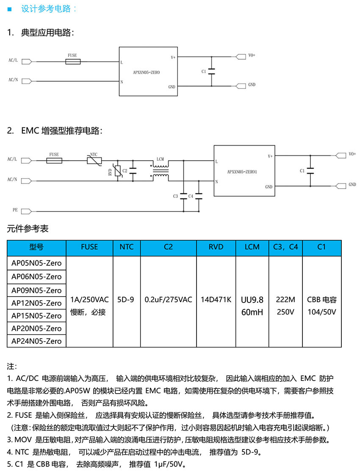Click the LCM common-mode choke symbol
pos(160,171)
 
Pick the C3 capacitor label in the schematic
pos(176,196)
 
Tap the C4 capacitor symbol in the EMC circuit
pos(198,196)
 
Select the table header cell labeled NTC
pos(127,247)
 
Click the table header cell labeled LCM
pos(252,247)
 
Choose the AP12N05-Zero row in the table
pos(36,303)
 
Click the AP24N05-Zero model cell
pos(36,341)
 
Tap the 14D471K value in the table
pos(216,300)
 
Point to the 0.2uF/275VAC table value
pos(168,300)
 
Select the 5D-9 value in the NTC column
pos(127,300)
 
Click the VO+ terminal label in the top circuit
pos(252,55)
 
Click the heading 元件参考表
pos(28,229)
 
